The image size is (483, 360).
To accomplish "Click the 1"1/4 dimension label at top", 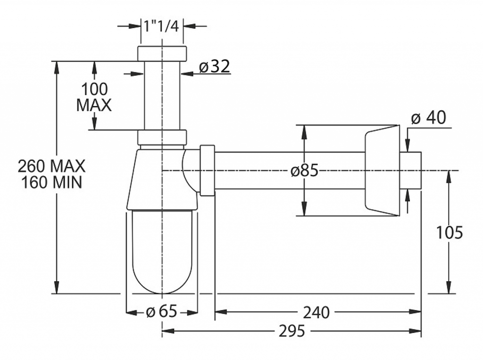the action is point(161,26).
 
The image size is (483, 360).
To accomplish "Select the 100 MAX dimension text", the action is point(94,97).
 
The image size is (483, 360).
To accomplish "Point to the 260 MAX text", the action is point(51,166).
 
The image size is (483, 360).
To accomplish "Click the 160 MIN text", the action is point(51,182).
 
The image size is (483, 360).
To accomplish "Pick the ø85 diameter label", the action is point(304,170).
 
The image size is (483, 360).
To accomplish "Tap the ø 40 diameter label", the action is point(428,117).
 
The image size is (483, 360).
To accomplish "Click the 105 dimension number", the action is point(450,232).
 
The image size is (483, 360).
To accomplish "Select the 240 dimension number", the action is point(316,312).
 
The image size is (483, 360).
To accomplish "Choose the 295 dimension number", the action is point(291,331).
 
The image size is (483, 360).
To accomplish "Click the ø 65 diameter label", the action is point(161,311).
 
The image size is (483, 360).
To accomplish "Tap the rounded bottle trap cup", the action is point(162,252).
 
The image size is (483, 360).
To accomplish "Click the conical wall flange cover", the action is point(382,171).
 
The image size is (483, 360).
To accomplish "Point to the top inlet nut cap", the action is point(162,54).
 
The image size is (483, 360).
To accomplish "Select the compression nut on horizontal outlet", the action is point(208,170).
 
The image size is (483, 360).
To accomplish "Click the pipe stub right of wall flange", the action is point(410,171).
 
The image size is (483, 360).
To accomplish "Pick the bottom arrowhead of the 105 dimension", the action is point(449,288).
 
